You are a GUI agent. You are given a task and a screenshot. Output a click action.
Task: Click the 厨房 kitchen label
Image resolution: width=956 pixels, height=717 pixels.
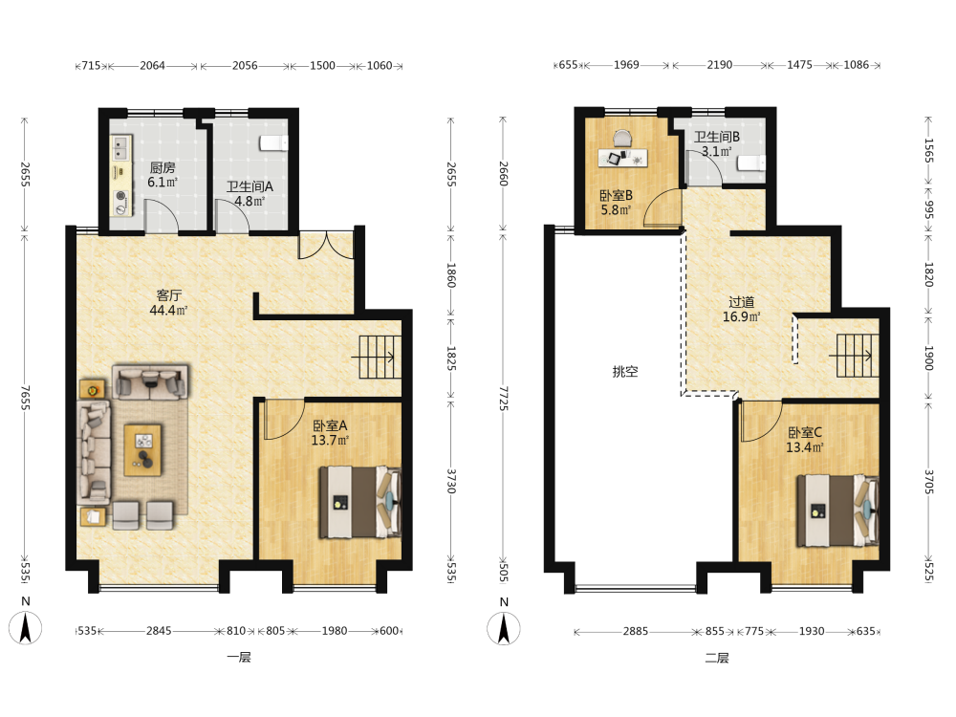click(163, 174)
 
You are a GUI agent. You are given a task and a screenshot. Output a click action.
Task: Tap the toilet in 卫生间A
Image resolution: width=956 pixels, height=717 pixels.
click(273, 142)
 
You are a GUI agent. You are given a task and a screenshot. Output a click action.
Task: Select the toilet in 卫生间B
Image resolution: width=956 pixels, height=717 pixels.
click(751, 163)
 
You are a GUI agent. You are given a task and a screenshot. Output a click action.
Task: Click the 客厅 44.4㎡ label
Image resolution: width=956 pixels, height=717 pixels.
click(168, 302)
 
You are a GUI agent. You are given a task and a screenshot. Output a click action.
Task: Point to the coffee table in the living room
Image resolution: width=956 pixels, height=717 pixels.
click(142, 450)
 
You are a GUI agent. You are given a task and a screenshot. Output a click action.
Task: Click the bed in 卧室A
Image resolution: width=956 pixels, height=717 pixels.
click(360, 502)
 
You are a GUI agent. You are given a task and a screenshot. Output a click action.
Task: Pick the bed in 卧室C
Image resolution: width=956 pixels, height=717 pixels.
click(837, 511)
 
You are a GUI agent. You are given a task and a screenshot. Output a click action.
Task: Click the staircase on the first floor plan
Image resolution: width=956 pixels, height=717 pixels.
click(377, 357)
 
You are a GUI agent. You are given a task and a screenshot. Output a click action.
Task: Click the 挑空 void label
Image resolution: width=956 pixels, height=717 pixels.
click(625, 371)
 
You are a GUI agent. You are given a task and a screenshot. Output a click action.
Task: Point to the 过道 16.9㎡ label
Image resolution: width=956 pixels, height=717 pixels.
click(742, 309)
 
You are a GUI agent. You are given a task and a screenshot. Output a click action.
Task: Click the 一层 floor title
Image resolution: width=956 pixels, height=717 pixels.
click(239, 658)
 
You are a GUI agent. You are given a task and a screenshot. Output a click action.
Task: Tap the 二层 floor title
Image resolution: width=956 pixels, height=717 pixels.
click(717, 658)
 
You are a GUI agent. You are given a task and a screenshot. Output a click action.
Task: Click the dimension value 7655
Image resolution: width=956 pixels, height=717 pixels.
click(25, 397)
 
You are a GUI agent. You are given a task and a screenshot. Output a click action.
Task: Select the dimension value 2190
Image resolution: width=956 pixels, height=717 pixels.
click(720, 65)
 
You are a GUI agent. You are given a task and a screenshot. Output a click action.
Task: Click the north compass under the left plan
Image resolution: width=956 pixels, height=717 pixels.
click(25, 628)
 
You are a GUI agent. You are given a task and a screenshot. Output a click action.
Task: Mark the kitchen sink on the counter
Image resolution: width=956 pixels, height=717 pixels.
click(120, 147)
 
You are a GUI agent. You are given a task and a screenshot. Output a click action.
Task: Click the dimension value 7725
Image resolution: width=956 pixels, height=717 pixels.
click(503, 398)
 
